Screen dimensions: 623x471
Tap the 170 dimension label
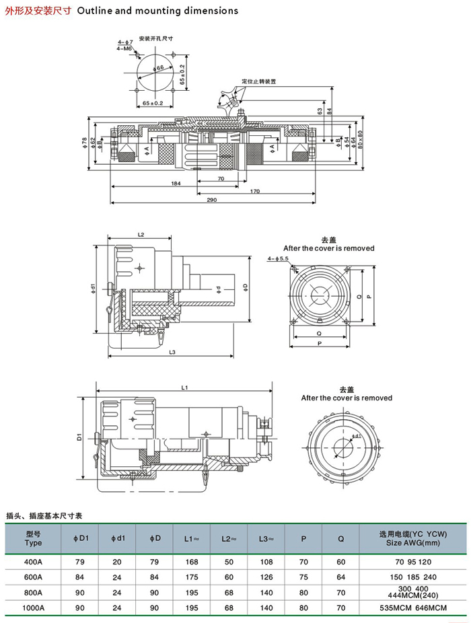point(255,192)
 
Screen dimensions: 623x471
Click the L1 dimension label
point(185,387)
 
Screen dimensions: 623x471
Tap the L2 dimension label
point(141,235)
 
